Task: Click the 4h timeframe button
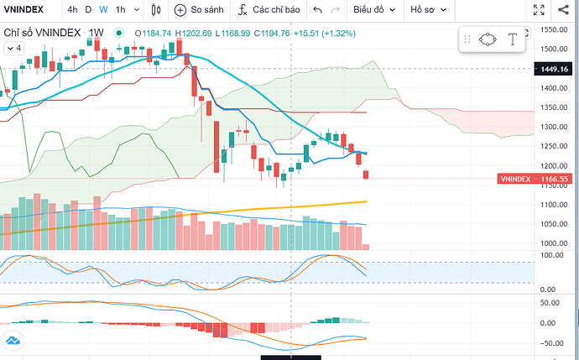73,10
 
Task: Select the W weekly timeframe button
103,10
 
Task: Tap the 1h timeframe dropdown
124,10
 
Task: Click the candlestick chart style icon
156,10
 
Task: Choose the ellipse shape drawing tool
488,39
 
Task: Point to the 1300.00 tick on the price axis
555,127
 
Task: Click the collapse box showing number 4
13,48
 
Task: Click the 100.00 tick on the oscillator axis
554,254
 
